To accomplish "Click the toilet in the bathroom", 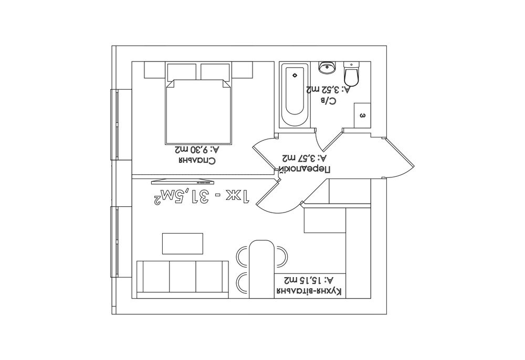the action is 352,73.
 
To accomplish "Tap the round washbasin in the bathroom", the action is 327,67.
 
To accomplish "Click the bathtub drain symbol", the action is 295,75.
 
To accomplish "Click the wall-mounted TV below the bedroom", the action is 183,182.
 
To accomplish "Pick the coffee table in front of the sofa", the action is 183,243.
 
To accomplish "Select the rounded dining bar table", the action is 262,269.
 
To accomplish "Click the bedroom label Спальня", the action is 197,160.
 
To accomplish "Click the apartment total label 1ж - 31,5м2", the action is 201,197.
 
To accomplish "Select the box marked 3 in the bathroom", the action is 362,115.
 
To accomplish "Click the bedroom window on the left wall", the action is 117,124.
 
